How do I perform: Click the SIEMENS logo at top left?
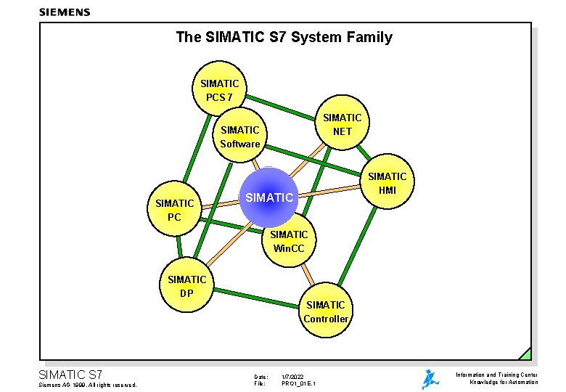coord(65,12)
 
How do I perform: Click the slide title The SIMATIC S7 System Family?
coord(284,37)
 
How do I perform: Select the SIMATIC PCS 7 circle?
coord(219,90)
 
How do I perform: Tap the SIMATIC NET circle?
coord(342,124)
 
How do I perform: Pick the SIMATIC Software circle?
coord(240,136)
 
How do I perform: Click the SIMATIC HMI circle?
coord(387,183)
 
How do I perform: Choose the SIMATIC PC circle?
coord(174,209)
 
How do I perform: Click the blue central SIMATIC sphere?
coord(268,196)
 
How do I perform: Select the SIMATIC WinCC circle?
coord(289,241)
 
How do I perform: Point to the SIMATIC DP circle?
coord(186,286)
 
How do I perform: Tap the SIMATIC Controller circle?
coord(326,311)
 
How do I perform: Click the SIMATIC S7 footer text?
coord(70,375)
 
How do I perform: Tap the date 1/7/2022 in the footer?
coord(293,377)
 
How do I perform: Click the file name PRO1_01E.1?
coord(298,383)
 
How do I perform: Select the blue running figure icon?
coord(430,379)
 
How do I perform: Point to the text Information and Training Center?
coord(496,375)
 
